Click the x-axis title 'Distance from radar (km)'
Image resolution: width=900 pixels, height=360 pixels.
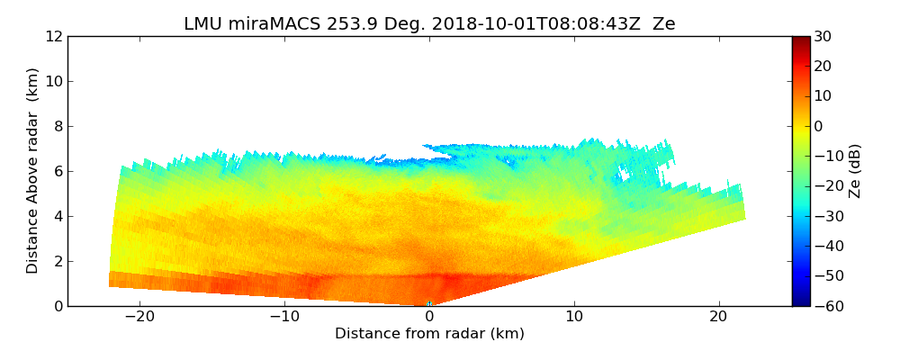pyautogui.click(x=429, y=334)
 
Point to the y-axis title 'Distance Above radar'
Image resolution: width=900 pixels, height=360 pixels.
pyautogui.click(x=33, y=171)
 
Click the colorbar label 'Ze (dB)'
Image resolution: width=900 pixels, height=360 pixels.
pyautogui.click(x=855, y=171)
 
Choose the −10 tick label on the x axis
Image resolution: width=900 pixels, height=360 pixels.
pyautogui.click(x=284, y=317)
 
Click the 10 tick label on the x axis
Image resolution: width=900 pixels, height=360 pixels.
pyautogui.click(x=574, y=317)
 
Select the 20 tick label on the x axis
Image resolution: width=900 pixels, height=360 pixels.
pyautogui.click(x=718, y=317)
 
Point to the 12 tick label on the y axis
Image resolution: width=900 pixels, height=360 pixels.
pyautogui.click(x=53, y=36)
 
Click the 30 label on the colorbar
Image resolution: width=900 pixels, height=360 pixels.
pyautogui.click(x=823, y=36)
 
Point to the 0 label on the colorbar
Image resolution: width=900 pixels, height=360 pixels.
pyautogui.click(x=819, y=126)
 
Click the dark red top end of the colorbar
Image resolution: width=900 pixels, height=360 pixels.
pyautogui.click(x=801, y=40)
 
